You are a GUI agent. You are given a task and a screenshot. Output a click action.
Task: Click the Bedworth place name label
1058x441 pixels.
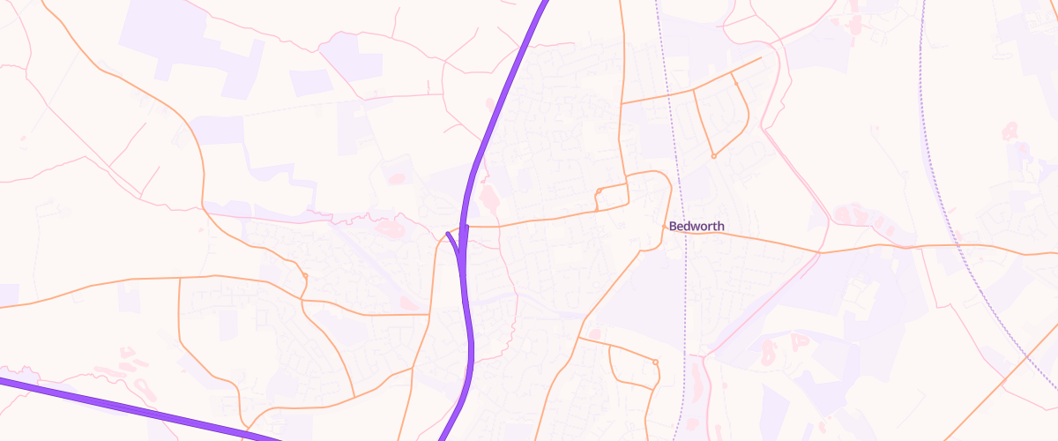(x=697, y=227)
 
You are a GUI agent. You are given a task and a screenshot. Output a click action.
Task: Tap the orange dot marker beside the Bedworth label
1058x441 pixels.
(x=664, y=227)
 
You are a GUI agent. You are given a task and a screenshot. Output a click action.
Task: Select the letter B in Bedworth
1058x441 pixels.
(x=673, y=227)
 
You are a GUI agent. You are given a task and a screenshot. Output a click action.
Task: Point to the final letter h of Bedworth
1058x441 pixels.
(x=721, y=227)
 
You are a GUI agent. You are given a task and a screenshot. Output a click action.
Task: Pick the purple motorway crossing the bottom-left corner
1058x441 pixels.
(x=132, y=407)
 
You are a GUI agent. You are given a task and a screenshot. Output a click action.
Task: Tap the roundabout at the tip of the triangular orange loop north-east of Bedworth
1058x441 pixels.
(x=713, y=156)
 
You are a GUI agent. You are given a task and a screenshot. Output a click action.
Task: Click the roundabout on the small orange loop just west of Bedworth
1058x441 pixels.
(x=599, y=191)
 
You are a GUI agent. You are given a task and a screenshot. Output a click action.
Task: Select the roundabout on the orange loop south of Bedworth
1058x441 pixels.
(x=655, y=362)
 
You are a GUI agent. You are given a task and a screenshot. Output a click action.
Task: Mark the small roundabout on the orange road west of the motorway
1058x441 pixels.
(x=304, y=277)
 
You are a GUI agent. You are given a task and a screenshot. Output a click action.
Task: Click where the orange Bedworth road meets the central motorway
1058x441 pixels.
(x=464, y=227)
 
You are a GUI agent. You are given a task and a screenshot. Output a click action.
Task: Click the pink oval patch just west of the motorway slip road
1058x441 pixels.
(x=389, y=229)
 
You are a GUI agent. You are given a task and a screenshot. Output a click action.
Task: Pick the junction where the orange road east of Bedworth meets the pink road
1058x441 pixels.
(x=820, y=252)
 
